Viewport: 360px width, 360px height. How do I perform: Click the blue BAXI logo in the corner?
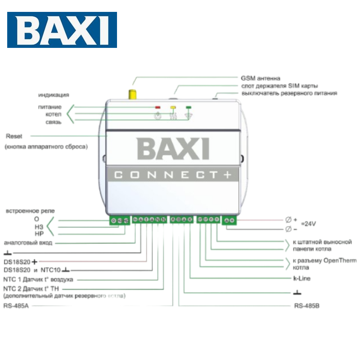tap(62, 30)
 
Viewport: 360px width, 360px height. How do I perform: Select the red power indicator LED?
tap(157, 107)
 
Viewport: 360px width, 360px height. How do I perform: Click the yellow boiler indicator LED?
tap(173, 107)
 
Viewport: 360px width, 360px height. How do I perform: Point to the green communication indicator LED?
tap(188, 107)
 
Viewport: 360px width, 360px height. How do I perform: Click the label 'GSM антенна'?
tap(260, 78)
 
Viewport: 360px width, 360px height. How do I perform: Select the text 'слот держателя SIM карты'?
tap(279, 86)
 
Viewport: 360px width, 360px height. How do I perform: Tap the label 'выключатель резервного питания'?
tap(289, 93)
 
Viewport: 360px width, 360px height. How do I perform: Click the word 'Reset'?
tap(14, 136)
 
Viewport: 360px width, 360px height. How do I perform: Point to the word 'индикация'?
tap(54, 95)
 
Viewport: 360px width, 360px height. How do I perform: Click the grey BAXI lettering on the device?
tap(173, 149)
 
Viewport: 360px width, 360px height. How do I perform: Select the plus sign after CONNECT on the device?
tap(227, 175)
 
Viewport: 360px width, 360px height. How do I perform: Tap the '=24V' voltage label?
tap(308, 224)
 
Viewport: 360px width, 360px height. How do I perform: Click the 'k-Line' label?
tap(302, 278)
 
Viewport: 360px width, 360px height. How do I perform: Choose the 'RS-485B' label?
tap(307, 306)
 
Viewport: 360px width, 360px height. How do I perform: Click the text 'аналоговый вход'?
tap(28, 243)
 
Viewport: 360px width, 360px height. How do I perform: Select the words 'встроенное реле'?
tap(30, 211)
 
